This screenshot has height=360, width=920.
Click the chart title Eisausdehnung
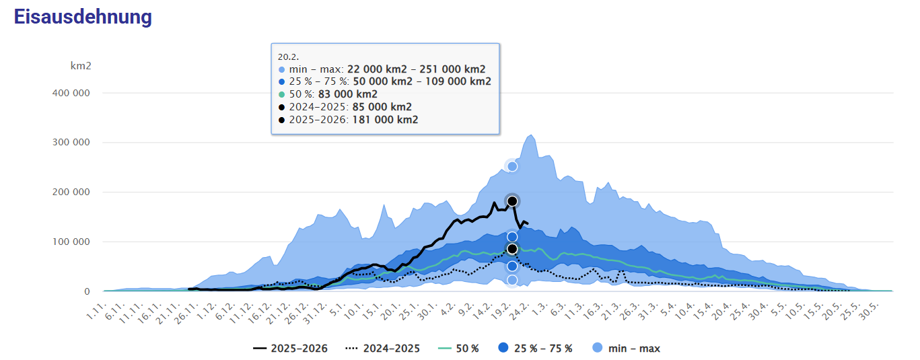(83, 17)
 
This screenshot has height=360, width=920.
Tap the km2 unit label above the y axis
(81, 66)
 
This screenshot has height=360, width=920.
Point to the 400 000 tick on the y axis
(71, 93)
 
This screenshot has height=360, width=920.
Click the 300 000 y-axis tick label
(71, 143)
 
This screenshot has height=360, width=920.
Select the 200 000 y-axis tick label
(71, 192)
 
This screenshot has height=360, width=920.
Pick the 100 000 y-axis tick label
(71, 242)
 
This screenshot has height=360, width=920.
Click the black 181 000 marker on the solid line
(512, 201)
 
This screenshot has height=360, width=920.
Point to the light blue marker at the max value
(512, 166)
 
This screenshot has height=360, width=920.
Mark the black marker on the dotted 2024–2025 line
(512, 249)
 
